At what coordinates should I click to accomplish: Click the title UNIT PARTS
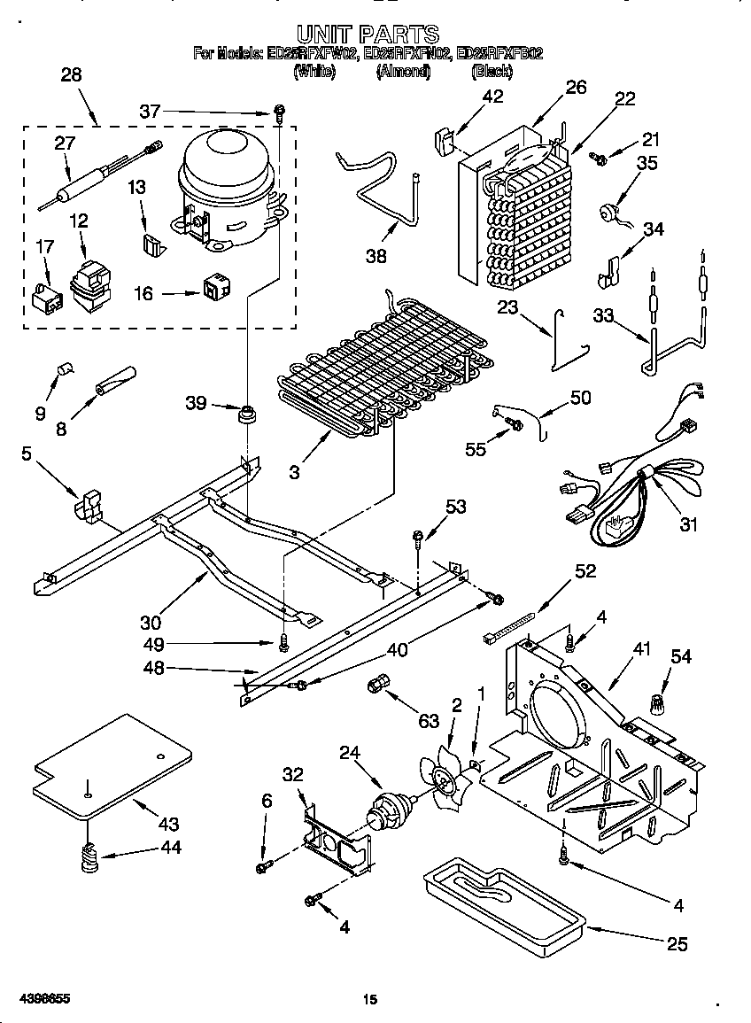click(367, 35)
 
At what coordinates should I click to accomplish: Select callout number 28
click(71, 75)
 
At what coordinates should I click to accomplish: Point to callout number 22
click(625, 99)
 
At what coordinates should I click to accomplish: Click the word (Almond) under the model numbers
click(402, 72)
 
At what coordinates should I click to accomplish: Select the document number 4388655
click(43, 998)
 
